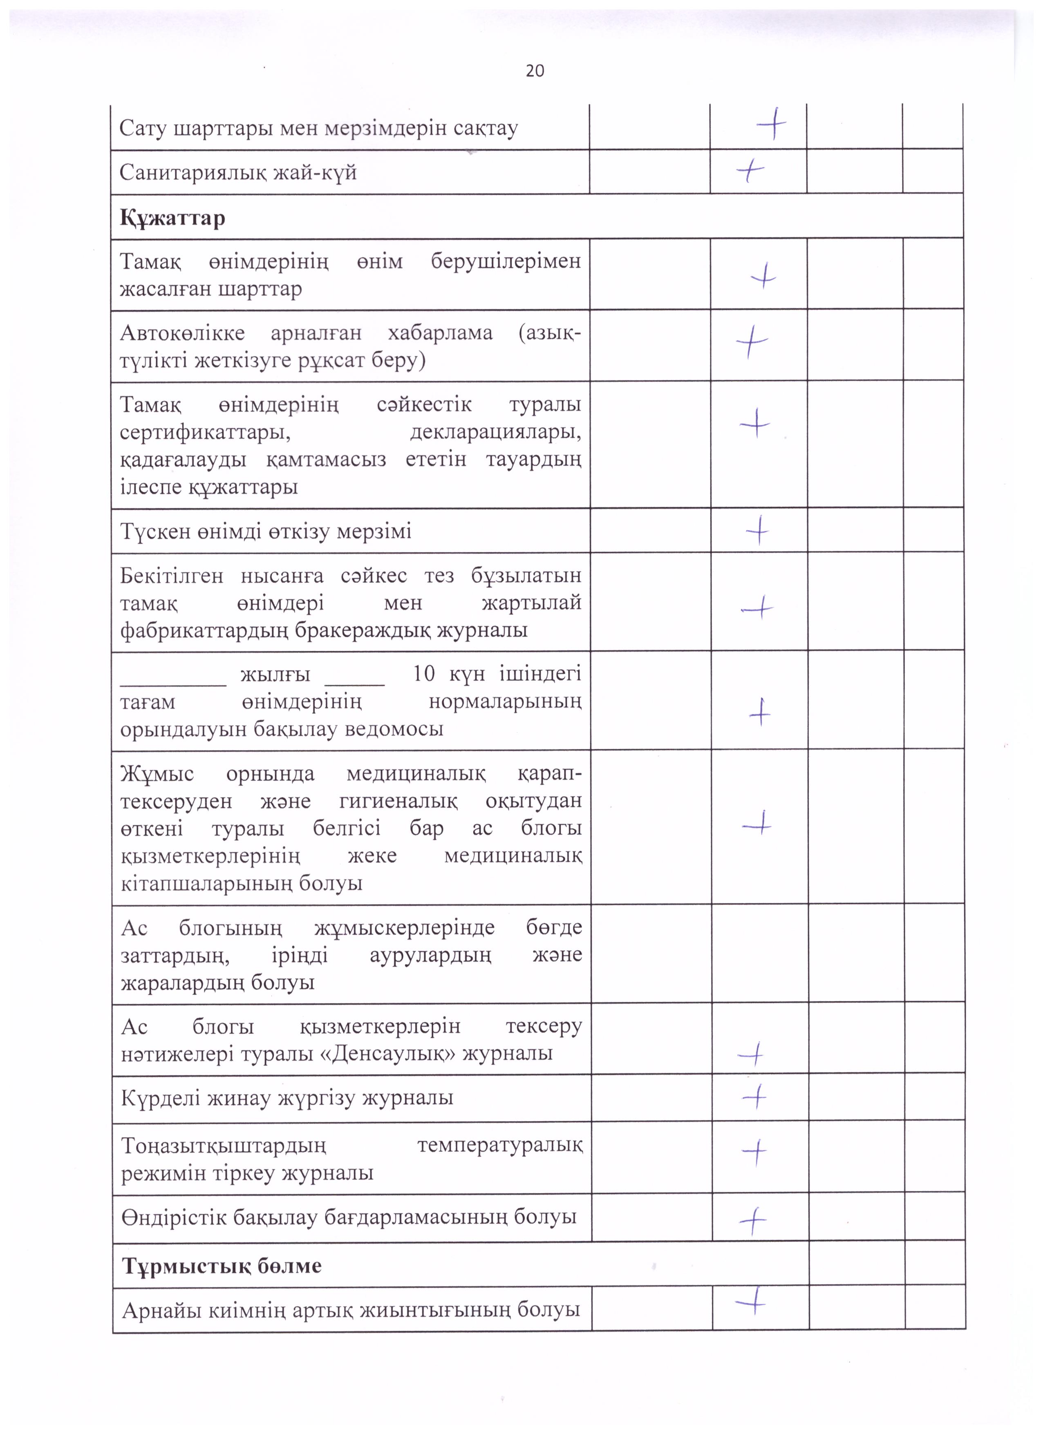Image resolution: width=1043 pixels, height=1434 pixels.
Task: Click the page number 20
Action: point(535,71)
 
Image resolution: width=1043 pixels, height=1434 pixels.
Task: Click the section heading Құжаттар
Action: point(172,218)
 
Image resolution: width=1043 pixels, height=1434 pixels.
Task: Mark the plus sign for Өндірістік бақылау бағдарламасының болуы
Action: point(753,1220)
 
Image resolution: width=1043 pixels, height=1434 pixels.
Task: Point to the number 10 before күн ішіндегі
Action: point(424,674)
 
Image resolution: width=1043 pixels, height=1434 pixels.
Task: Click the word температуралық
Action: point(500,1145)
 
